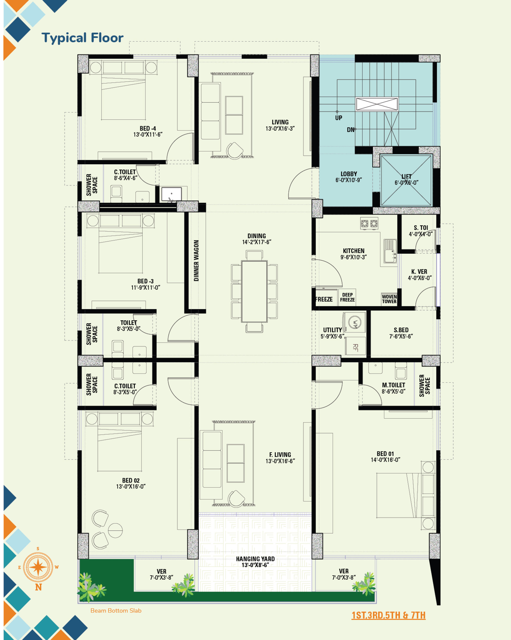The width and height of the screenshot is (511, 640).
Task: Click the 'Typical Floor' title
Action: click(x=82, y=38)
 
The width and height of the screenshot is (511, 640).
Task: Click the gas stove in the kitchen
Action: click(x=369, y=224)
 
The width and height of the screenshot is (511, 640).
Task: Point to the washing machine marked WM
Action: click(x=355, y=322)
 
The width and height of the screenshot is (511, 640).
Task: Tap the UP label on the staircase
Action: click(x=338, y=118)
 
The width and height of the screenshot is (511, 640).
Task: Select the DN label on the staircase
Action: click(x=350, y=130)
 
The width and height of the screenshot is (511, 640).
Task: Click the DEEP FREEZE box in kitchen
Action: click(x=347, y=297)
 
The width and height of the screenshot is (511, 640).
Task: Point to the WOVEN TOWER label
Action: click(x=389, y=299)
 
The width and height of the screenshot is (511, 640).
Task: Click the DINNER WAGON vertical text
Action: click(x=196, y=261)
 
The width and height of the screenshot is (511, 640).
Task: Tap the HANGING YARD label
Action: click(x=255, y=562)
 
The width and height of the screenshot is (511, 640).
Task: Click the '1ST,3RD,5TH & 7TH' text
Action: click(x=388, y=615)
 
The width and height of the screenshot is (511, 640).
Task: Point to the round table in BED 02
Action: click(x=115, y=530)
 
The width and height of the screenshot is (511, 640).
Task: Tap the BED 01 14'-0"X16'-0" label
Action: click(x=385, y=457)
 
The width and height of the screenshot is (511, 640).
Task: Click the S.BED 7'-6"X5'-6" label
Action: click(x=401, y=333)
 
